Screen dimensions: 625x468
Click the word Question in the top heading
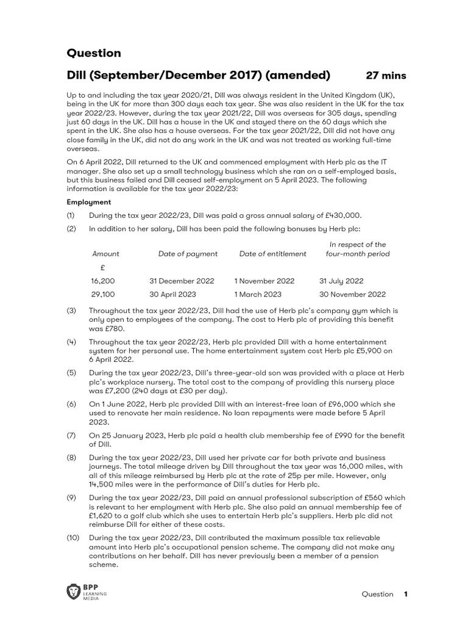tap(94, 53)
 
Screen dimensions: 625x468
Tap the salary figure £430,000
tap(342, 215)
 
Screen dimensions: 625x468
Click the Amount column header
tap(105, 254)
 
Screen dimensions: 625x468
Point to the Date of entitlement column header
tap(273, 254)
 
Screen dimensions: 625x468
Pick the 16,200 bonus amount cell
tap(102, 281)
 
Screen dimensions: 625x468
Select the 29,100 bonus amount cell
tap(102, 294)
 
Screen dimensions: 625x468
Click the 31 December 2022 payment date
tap(182, 281)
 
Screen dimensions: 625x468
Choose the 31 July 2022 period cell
tap(341, 281)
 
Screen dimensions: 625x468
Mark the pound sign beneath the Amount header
tap(102, 267)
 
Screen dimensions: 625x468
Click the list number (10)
tap(74, 538)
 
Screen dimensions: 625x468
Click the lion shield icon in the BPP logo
tap(74, 591)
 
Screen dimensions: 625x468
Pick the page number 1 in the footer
tap(405, 594)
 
